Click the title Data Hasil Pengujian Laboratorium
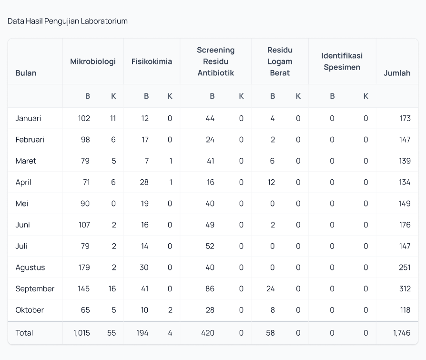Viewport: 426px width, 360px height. point(68,21)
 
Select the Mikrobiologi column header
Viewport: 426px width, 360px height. point(93,62)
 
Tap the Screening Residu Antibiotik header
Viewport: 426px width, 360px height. point(215,62)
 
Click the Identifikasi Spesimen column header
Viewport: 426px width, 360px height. point(342,62)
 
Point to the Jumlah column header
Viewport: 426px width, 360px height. point(397,73)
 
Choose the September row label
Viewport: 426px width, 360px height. point(35,288)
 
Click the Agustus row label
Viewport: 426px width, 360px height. point(30,267)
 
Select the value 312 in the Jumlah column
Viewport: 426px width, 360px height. point(405,288)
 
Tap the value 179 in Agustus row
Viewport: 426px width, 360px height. point(84,267)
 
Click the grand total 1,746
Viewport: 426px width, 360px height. point(402,333)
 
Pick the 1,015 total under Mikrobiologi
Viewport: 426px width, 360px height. point(81,333)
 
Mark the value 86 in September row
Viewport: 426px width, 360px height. point(210,288)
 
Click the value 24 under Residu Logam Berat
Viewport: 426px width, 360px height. point(270,288)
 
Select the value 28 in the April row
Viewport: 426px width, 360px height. point(143,182)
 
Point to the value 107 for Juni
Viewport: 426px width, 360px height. point(84,225)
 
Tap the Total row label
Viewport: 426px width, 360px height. point(24,333)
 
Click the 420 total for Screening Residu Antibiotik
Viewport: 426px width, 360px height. point(208,333)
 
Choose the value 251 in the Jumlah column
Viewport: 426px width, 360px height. point(405,267)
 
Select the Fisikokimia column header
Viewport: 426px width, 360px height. point(152,62)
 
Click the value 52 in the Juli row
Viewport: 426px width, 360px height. point(210,246)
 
